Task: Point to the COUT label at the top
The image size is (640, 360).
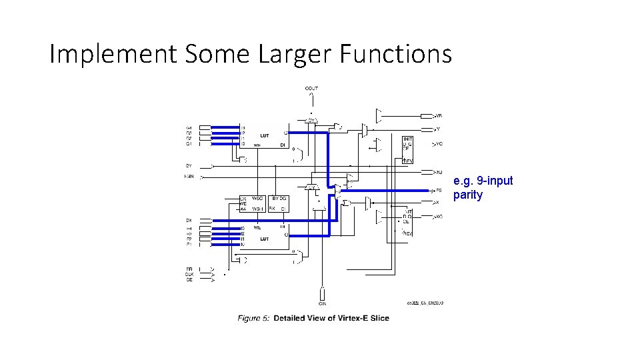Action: (x=311, y=88)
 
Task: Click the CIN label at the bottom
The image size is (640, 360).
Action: (x=322, y=303)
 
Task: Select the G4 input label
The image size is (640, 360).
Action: (x=189, y=127)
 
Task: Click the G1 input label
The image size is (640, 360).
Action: (x=189, y=143)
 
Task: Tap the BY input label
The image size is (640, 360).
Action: (x=189, y=165)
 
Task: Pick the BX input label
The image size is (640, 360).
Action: (x=189, y=220)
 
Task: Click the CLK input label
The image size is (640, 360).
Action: (x=189, y=274)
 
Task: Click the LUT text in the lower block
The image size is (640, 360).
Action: (x=265, y=239)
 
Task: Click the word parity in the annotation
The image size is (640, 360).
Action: (x=467, y=195)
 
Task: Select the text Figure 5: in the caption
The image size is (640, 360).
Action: (x=253, y=318)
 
